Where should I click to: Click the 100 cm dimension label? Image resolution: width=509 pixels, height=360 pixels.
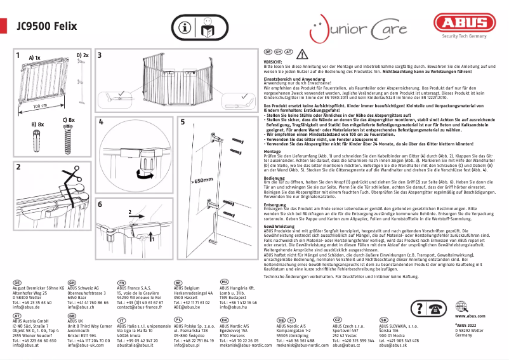[41, 105]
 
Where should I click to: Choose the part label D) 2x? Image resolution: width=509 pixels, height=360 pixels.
[83, 55]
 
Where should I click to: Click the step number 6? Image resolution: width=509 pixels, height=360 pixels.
[100, 204]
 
